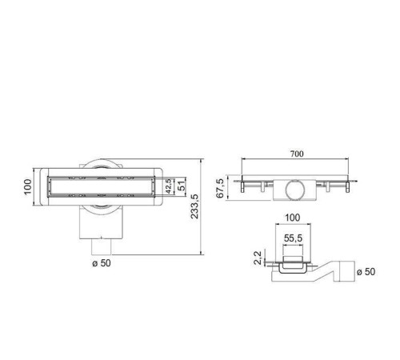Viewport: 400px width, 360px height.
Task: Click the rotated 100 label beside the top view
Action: pyautogui.click(x=26, y=186)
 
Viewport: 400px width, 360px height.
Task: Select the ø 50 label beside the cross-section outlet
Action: pyautogui.click(x=364, y=271)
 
